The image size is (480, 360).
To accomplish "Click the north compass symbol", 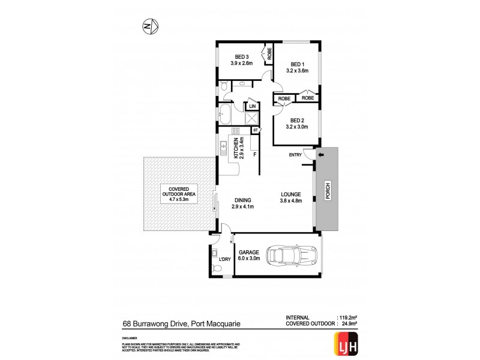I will click(150, 26).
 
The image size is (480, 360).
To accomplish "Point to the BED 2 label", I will click(298, 120).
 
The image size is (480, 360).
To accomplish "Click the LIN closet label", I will click(252, 107).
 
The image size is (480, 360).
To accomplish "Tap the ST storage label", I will click(255, 130).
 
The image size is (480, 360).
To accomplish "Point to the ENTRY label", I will click(295, 155).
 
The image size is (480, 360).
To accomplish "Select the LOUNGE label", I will click(292, 194).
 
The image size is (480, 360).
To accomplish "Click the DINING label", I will click(244, 200).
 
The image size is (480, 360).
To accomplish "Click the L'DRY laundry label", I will click(225, 259).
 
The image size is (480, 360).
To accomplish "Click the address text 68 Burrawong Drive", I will click(152, 325).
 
